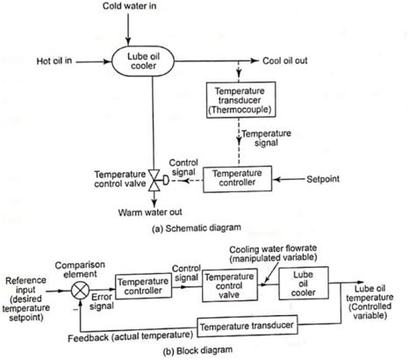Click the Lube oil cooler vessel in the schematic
[153, 61]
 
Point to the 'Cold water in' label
[154, 8]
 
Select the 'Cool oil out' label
[289, 61]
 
